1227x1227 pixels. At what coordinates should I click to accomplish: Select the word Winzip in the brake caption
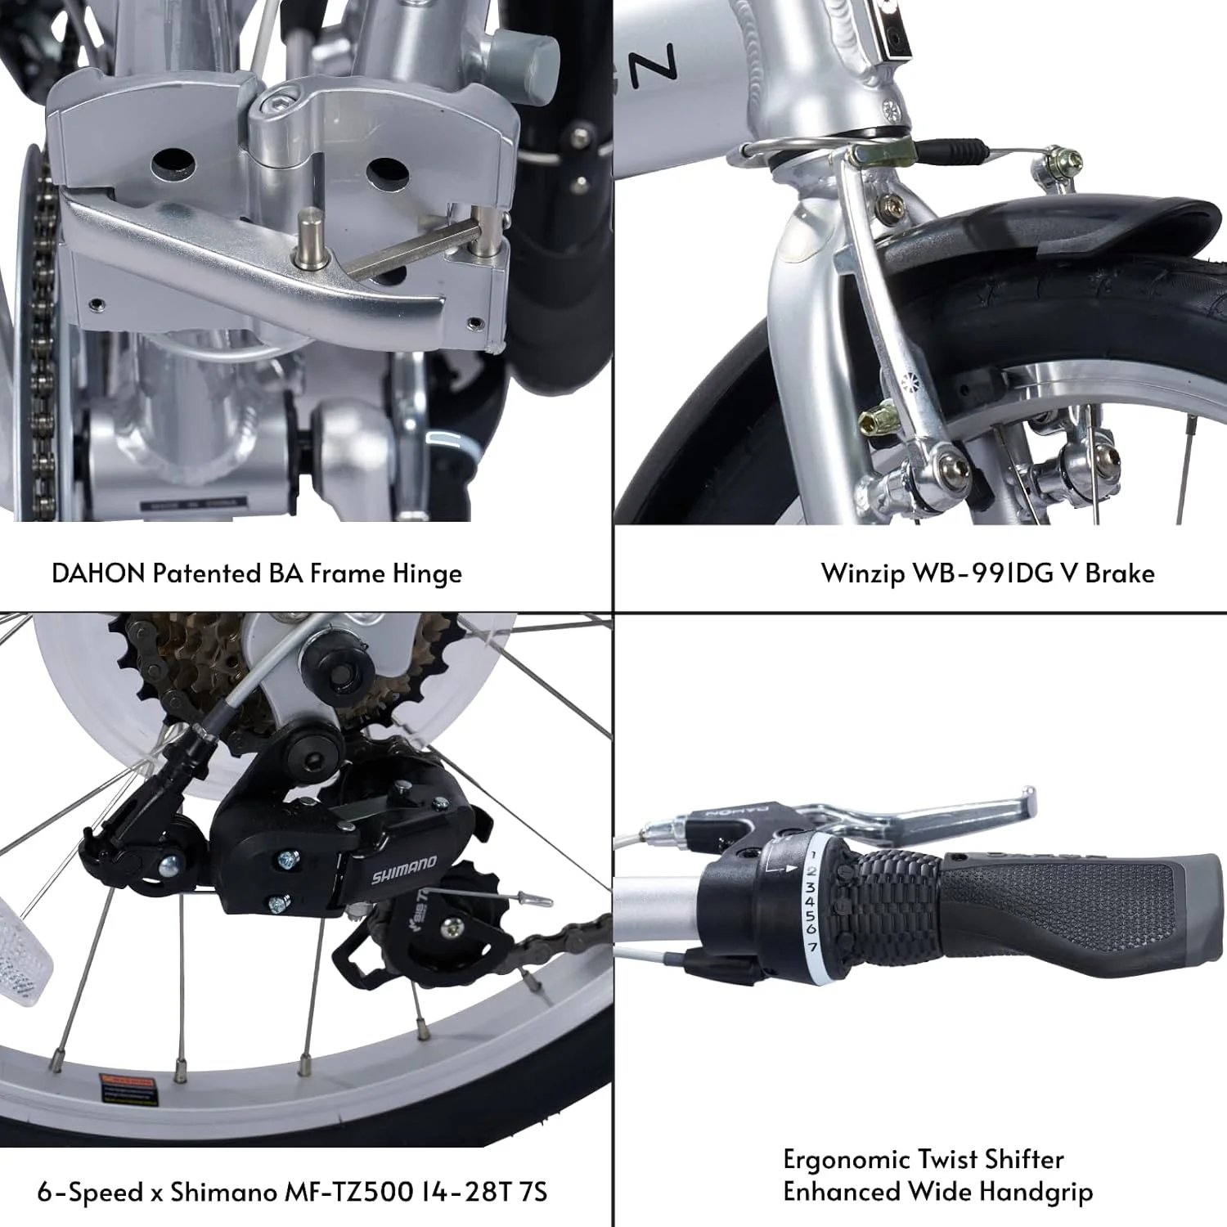(x=863, y=573)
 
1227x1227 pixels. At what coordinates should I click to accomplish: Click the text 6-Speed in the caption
(x=90, y=1192)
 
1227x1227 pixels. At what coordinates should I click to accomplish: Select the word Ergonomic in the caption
(x=847, y=1159)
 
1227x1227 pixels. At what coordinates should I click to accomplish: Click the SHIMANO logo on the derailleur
(x=404, y=870)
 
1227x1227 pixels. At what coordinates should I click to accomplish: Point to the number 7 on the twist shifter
(x=812, y=946)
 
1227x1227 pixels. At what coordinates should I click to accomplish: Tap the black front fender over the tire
(x=1063, y=225)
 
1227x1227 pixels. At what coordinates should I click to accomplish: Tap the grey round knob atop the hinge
(x=524, y=54)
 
